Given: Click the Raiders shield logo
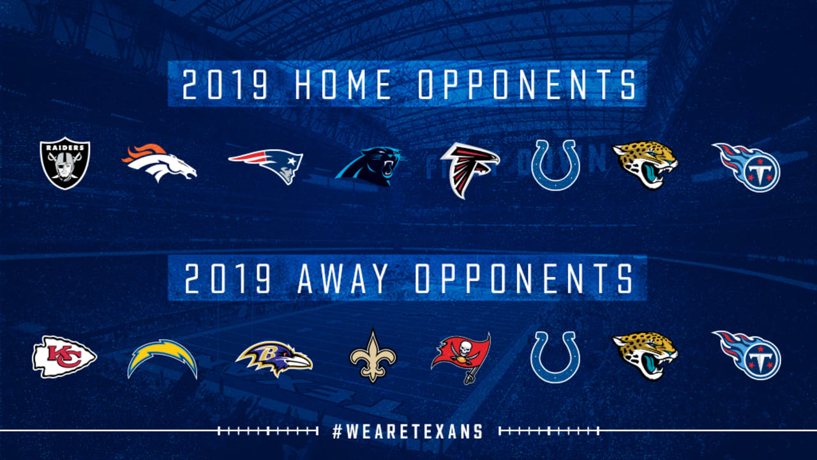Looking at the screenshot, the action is (65, 163).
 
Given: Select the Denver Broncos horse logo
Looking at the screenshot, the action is (159, 163).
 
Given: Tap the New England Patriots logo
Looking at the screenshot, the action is (266, 165).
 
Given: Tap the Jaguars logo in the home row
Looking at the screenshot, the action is (645, 165).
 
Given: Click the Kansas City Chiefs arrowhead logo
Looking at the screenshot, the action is (64, 356).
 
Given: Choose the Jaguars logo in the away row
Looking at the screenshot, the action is (645, 356).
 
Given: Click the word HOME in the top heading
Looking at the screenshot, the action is (343, 85).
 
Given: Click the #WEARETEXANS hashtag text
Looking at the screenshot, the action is (408, 431).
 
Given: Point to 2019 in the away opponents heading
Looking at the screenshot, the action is (228, 278).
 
